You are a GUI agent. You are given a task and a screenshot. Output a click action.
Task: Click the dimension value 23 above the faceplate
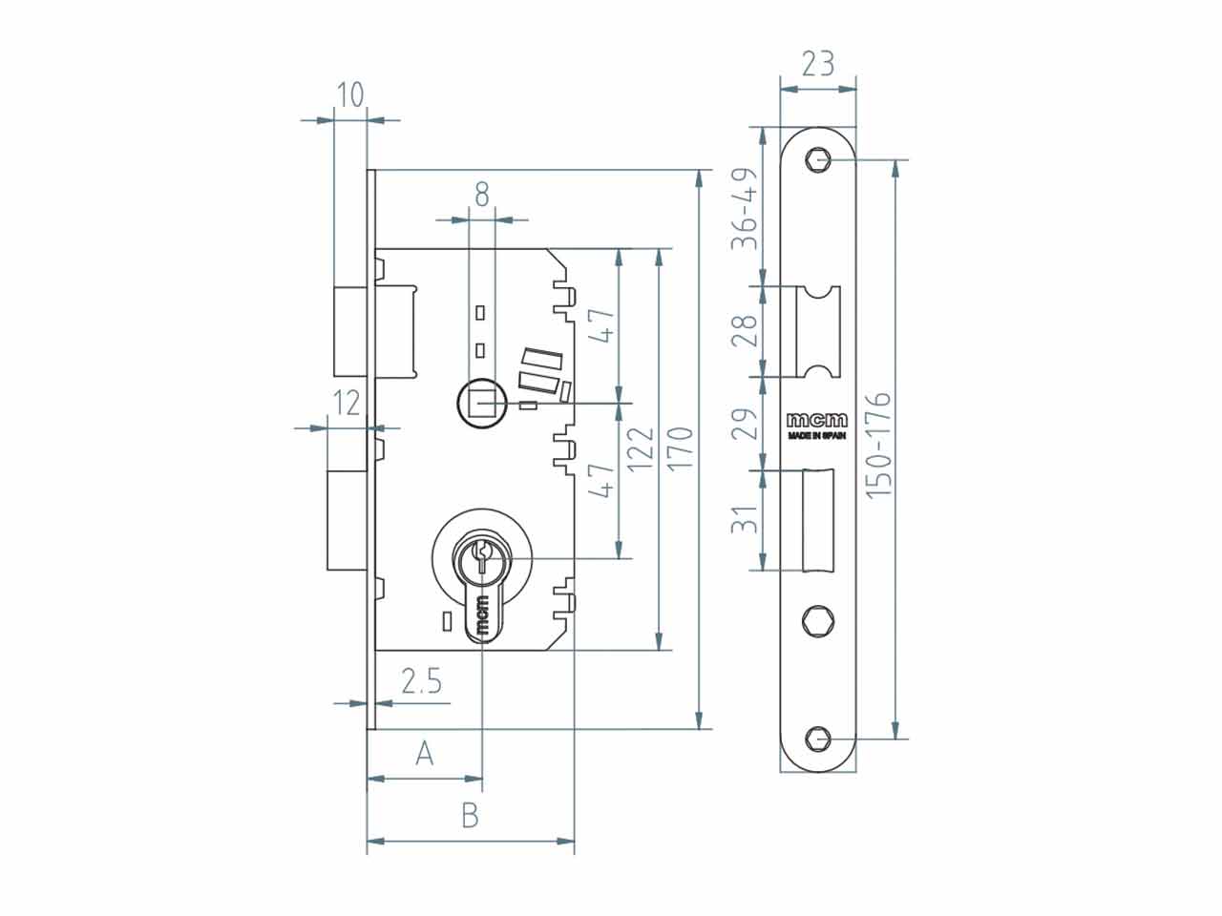point(817,64)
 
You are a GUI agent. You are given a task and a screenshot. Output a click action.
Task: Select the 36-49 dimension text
point(746,209)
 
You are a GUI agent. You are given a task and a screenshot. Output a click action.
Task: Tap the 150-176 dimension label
point(878,443)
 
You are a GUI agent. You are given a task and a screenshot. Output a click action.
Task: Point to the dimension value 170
point(680,448)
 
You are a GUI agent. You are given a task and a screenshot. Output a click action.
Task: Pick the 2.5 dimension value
point(420,681)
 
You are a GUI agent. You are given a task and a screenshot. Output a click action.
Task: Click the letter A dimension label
point(425,754)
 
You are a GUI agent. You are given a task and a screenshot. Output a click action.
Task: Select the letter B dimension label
point(470,816)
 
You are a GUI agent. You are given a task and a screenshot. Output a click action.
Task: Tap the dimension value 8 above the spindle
point(482,196)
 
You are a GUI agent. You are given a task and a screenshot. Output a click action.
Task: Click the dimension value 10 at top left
point(350,94)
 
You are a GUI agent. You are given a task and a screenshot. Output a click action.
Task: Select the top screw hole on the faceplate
point(818,160)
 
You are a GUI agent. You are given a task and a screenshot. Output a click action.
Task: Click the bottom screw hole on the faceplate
point(817,739)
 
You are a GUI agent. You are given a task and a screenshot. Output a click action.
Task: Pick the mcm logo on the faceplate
point(816,421)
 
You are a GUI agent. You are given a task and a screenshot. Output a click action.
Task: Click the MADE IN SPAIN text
point(816,436)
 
